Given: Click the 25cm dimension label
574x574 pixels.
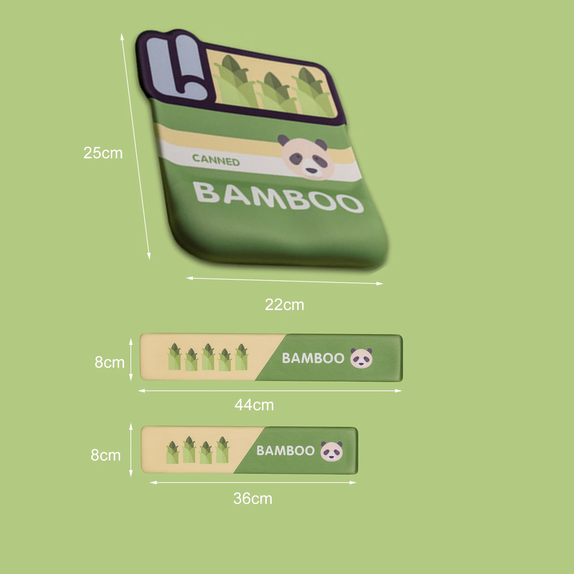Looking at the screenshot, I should click(103, 153).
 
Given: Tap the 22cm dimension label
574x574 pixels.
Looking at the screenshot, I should click(284, 305).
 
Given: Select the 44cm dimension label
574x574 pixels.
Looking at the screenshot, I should click(254, 405).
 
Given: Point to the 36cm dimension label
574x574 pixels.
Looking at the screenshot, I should click(252, 499).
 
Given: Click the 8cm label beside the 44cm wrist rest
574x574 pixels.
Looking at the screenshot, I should click(109, 362).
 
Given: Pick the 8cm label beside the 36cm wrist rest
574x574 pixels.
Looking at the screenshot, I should click(105, 455).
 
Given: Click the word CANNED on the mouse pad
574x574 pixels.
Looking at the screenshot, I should click(216, 160).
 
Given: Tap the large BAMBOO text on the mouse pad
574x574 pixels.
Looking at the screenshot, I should click(278, 197).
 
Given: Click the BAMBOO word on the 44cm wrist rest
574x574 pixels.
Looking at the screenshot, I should click(313, 358).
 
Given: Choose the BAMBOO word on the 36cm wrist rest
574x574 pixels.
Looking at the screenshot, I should click(285, 451).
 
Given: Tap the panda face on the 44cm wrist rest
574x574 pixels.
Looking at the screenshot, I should click(361, 358).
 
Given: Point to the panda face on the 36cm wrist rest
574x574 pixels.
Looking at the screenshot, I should click(331, 451).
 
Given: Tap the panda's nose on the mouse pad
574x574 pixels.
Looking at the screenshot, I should click(310, 171).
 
